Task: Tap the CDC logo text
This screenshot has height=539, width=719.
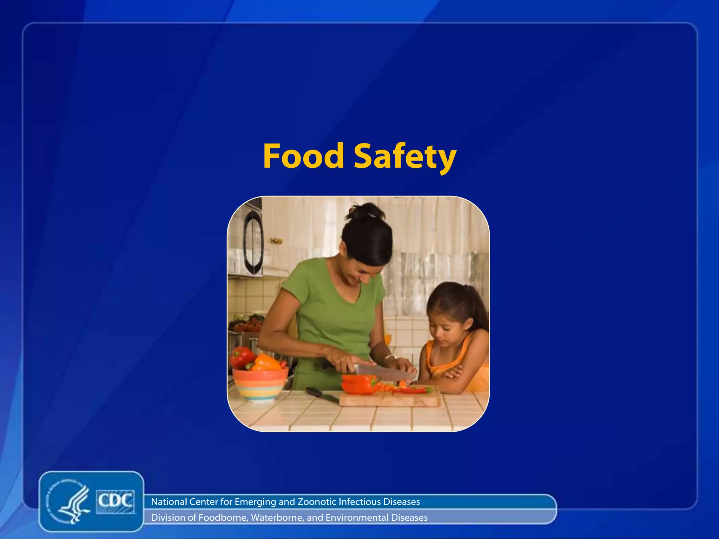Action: (115, 501)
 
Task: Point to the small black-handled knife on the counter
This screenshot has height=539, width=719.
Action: (321, 394)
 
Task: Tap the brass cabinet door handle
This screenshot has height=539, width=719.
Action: (277, 241)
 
